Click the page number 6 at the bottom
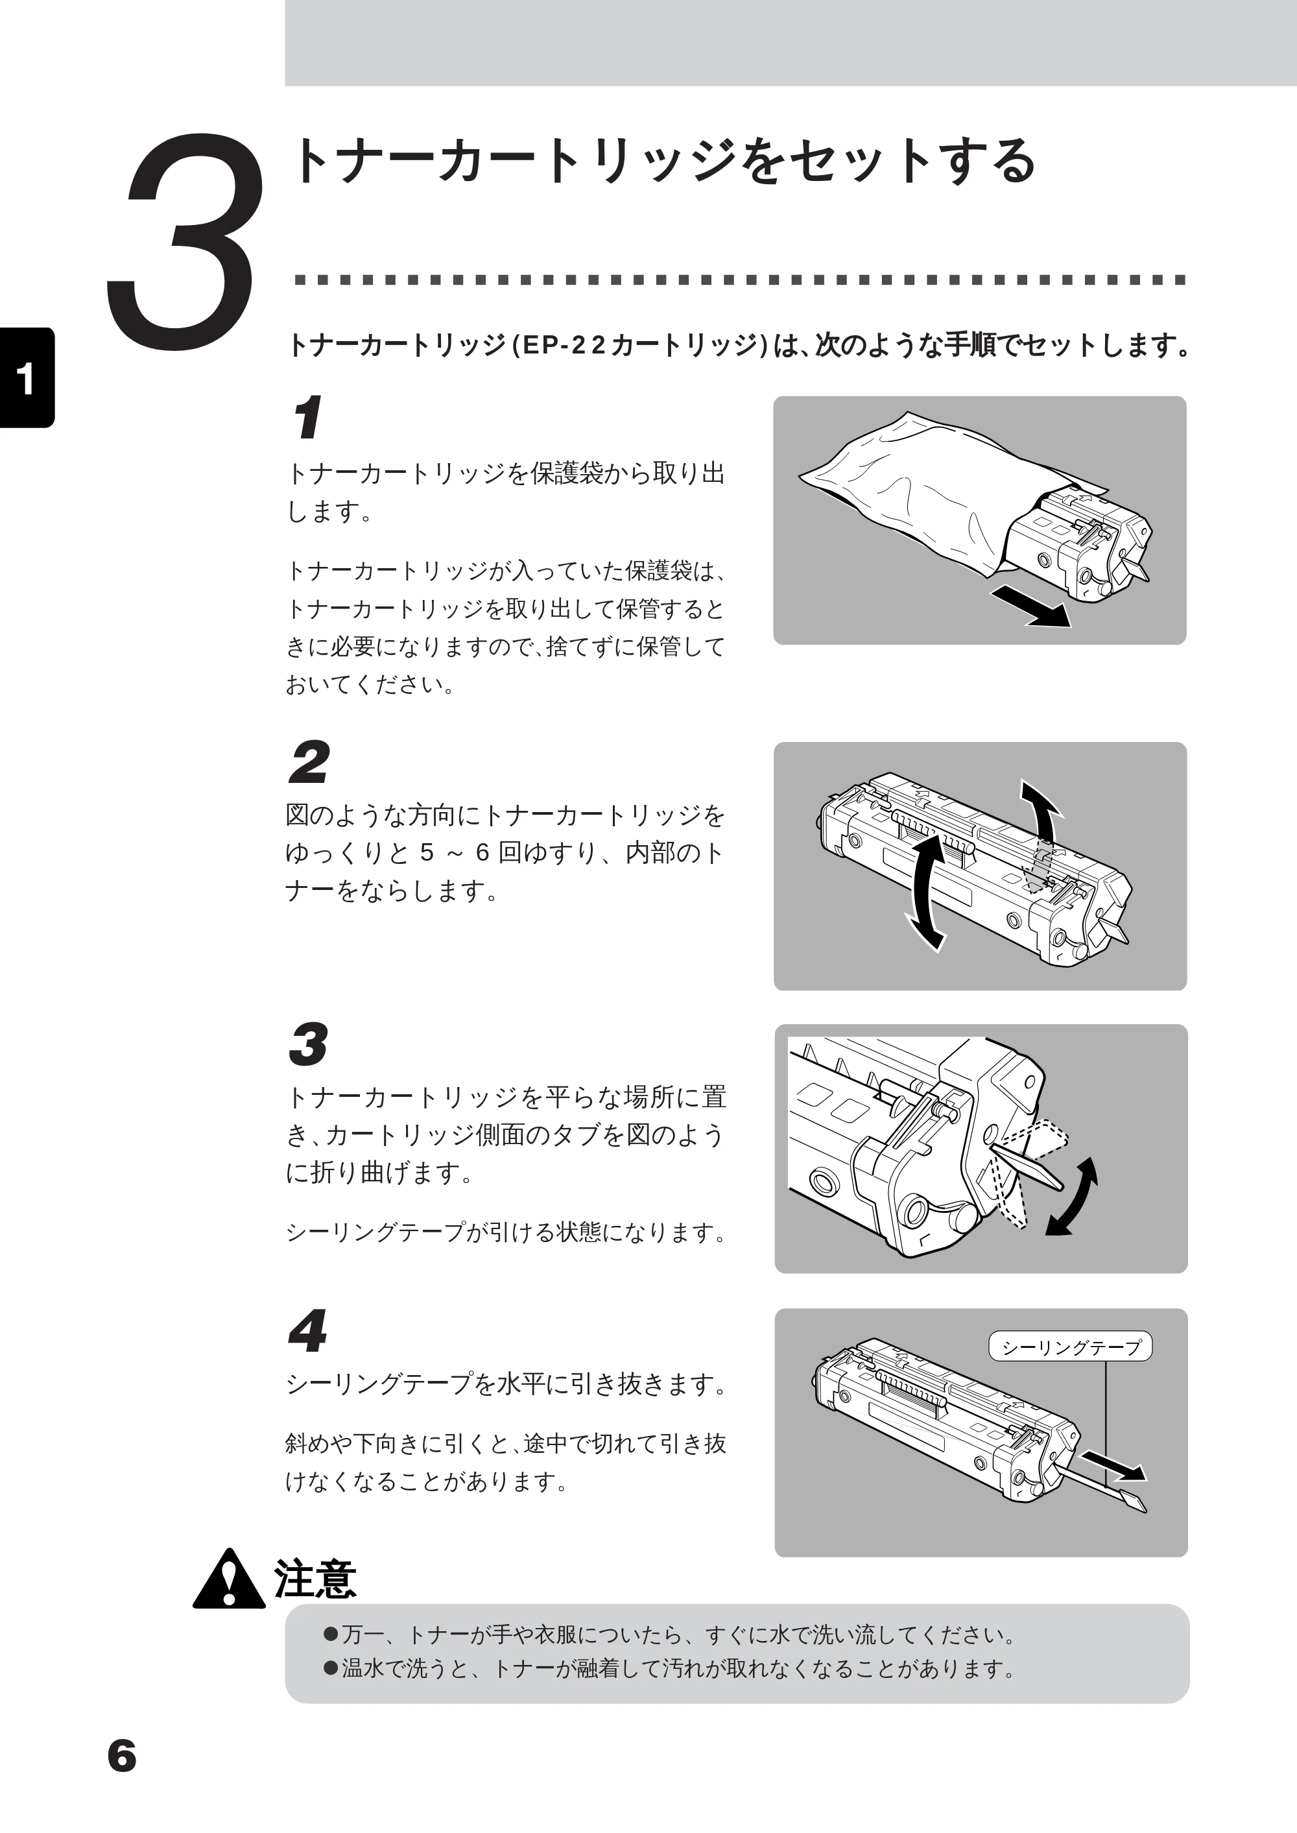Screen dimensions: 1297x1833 122,1756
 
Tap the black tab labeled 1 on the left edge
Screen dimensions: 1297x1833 27,377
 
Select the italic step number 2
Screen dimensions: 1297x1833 308,762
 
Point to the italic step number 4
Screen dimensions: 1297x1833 307,1330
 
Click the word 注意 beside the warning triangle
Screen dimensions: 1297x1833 315,1578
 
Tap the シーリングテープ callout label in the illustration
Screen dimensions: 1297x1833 1070,1347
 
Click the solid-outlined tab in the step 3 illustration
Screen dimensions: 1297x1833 1027,1167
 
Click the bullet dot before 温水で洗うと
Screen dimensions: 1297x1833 331,1668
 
